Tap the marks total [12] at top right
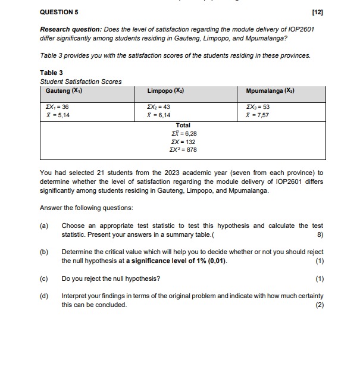318,12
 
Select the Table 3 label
51,73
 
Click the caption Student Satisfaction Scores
80,82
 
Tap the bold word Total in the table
183,125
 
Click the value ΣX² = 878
183,149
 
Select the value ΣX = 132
183,142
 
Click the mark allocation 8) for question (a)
321,234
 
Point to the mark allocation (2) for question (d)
320,305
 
